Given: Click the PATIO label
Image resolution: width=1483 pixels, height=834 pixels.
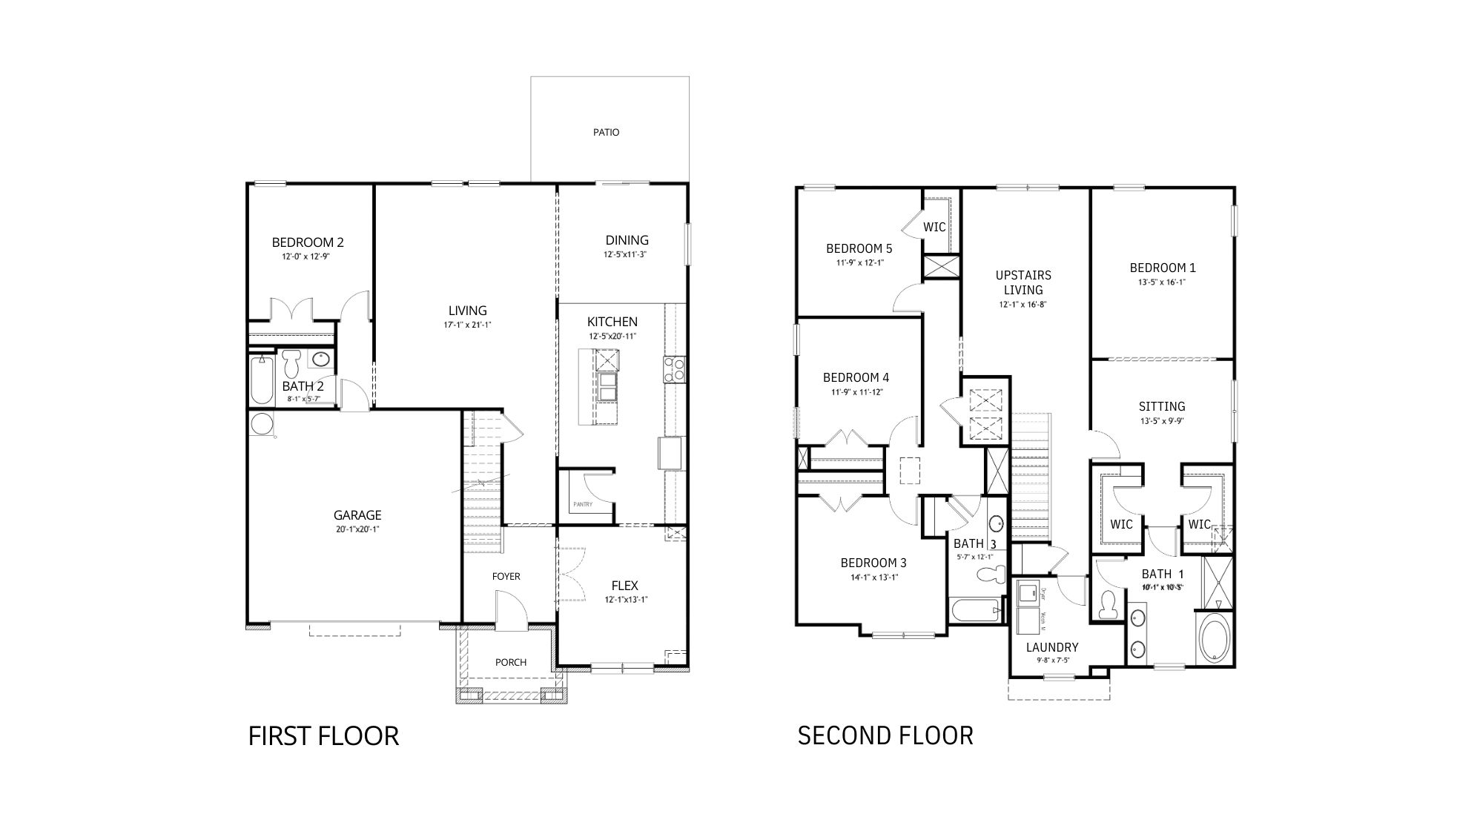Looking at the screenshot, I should pyautogui.click(x=606, y=133).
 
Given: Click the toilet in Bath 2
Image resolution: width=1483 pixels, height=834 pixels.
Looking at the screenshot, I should pyautogui.click(x=291, y=363).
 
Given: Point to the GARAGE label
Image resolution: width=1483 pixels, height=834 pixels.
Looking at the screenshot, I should pyautogui.click(x=357, y=515).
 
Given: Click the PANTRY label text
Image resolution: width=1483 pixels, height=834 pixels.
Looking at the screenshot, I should pyautogui.click(x=583, y=505).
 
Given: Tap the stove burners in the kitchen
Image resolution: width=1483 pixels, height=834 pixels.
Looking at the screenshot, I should pyautogui.click(x=673, y=369).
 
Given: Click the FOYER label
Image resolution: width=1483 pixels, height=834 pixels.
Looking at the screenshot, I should pyautogui.click(x=506, y=576).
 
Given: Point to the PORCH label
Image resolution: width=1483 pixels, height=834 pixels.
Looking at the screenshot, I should pyautogui.click(x=511, y=662).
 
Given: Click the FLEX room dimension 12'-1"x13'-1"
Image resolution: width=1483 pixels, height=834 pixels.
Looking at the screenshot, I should pyautogui.click(x=624, y=600).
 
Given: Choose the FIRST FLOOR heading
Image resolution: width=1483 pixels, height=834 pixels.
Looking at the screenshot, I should pyautogui.click(x=323, y=736).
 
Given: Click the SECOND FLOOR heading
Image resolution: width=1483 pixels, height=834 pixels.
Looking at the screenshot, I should pyautogui.click(x=885, y=735).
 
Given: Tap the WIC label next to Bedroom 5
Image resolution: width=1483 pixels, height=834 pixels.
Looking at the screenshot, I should pyautogui.click(x=934, y=227).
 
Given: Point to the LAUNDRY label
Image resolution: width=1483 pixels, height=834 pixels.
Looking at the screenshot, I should pyautogui.click(x=1052, y=647).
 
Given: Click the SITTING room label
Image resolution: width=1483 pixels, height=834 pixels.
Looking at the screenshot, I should pyautogui.click(x=1162, y=406).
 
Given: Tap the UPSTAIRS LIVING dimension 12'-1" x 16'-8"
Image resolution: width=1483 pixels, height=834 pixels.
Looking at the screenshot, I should pyautogui.click(x=1023, y=304).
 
